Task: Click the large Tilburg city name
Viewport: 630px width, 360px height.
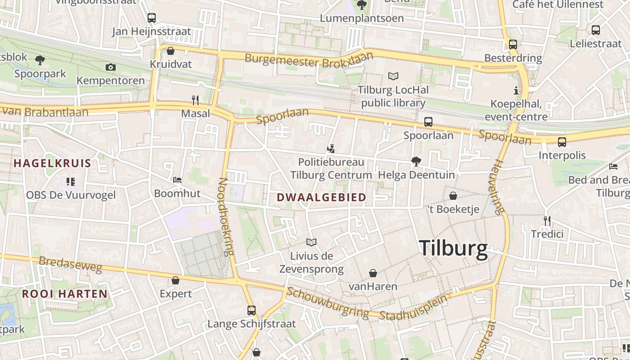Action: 453,248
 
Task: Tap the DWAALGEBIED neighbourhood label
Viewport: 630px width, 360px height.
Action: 321,198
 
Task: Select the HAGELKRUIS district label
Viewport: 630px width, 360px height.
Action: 52,163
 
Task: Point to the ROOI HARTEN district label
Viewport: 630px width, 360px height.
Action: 65,294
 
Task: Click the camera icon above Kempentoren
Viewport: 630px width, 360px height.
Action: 110,67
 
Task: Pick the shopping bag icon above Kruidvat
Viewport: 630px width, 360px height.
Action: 171,51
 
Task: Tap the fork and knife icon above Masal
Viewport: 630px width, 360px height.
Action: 195,100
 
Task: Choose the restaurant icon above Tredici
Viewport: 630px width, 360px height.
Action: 547,221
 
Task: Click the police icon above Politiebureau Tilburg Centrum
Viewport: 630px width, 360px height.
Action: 331,148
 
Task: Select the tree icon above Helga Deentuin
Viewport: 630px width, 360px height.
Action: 416,161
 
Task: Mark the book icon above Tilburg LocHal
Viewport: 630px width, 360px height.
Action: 393,76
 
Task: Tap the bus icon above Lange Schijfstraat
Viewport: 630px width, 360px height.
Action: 252,310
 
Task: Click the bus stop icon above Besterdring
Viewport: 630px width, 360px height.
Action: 513,45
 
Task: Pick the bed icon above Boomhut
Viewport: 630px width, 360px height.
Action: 177,180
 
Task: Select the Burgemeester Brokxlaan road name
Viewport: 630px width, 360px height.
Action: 309,60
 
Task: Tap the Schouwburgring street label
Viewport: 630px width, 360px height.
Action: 328,302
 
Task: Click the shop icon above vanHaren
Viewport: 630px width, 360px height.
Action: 373,273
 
